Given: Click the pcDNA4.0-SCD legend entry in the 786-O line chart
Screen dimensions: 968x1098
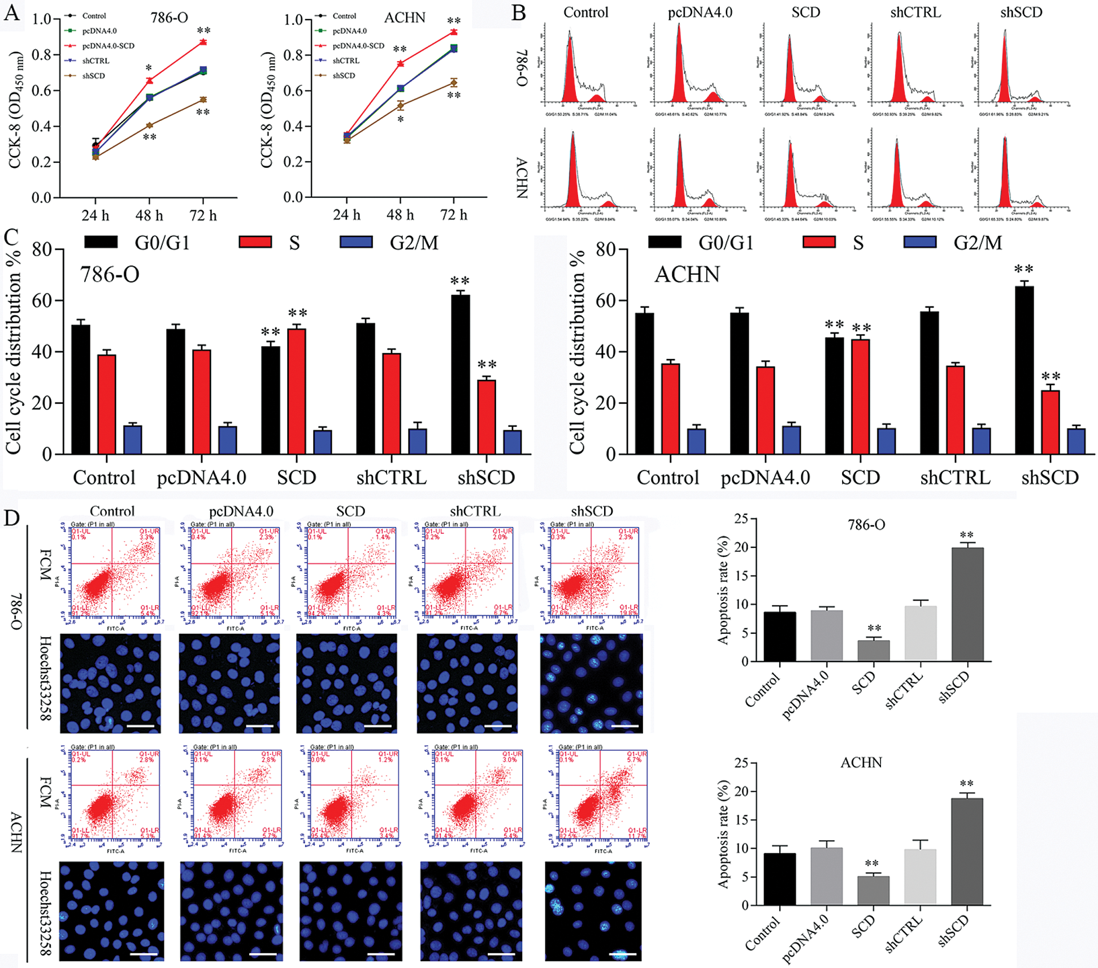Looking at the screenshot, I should pyautogui.click(x=108, y=46).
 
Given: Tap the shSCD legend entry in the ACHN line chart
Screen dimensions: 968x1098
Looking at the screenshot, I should pyautogui.click(x=344, y=75).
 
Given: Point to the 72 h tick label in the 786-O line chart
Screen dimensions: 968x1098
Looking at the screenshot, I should pyautogui.click(x=203, y=215).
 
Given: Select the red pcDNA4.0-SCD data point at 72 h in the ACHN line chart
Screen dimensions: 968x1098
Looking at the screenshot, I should pyautogui.click(x=454, y=32).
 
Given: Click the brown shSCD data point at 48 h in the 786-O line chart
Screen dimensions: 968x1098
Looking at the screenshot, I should pyautogui.click(x=150, y=125).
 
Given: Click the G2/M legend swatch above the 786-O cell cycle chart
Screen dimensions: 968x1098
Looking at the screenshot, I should pyautogui.click(x=356, y=243).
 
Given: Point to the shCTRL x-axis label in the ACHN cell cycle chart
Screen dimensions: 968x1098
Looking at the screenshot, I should pyautogui.click(x=955, y=478).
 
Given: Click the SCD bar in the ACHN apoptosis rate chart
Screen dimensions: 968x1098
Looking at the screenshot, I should pyautogui.click(x=873, y=891).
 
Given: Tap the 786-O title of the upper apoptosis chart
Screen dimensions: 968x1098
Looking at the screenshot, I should pyautogui.click(x=866, y=525).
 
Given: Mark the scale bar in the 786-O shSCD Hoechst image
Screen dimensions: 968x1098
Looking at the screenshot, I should pyautogui.click(x=624, y=726).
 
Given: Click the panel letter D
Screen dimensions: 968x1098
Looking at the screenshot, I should pyautogui.click(x=11, y=518).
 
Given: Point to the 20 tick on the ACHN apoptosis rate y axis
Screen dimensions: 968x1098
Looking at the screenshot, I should pyautogui.click(x=741, y=792).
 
